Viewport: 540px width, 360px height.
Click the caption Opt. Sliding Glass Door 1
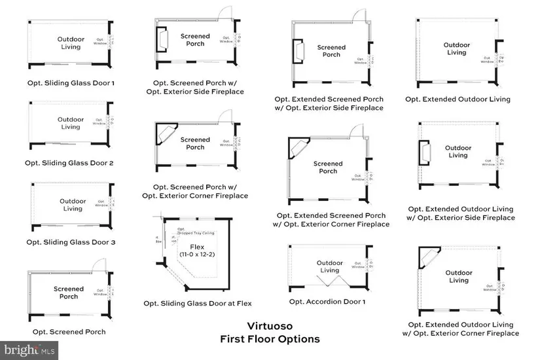pyautogui.click(x=69, y=83)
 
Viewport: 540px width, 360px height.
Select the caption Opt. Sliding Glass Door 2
pyautogui.click(x=69, y=162)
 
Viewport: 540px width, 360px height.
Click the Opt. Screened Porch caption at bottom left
pyautogui.click(x=69, y=332)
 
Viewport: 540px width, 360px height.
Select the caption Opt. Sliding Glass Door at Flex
pyautogui.click(x=198, y=303)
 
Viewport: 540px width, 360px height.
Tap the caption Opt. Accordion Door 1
pyautogui.click(x=327, y=302)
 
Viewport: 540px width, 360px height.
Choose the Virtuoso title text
pyautogui.click(x=269, y=325)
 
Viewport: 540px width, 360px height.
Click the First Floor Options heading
pyautogui.click(x=270, y=339)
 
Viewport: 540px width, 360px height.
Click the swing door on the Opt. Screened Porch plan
pyautogui.click(x=98, y=262)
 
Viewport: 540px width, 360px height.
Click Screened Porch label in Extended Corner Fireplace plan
pyautogui.click(x=328, y=168)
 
